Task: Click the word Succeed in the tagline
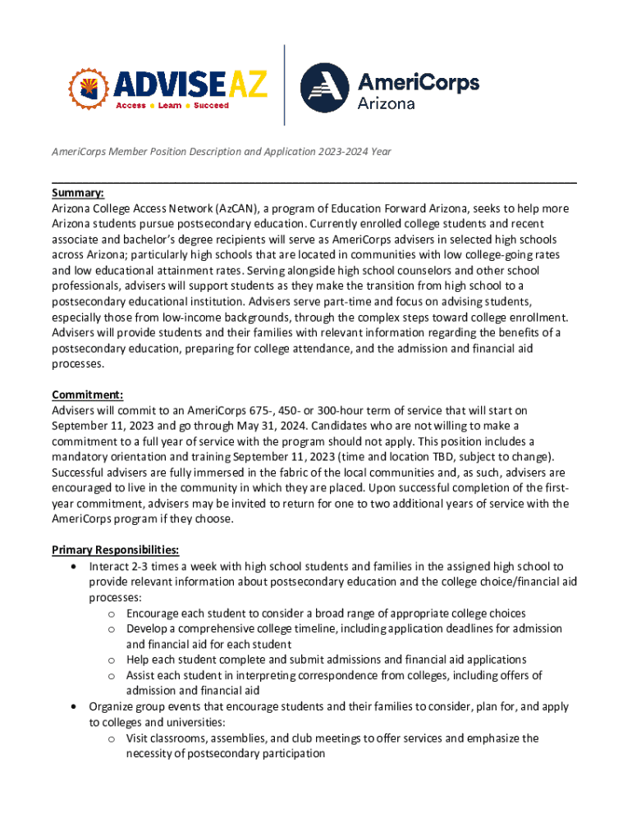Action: coord(212,106)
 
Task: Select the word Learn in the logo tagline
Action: coord(170,106)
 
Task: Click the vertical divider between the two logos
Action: coord(284,84)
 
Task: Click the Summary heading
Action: coord(78,193)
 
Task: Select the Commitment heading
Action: coord(87,394)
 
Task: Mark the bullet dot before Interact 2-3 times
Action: coord(76,566)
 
